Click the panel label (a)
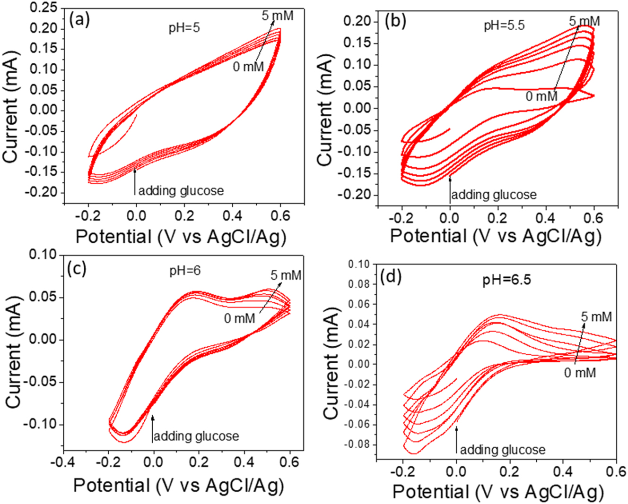click(x=79, y=20)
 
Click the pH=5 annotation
click(x=184, y=28)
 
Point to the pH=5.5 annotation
click(x=504, y=25)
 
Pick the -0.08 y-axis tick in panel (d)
click(x=358, y=445)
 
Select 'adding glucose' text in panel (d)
click(x=503, y=450)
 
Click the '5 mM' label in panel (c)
click(x=286, y=275)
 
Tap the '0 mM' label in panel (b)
click(x=541, y=96)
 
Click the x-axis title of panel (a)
click(x=181, y=236)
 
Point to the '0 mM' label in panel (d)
click(x=580, y=373)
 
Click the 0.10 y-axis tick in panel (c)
click(x=44, y=255)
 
